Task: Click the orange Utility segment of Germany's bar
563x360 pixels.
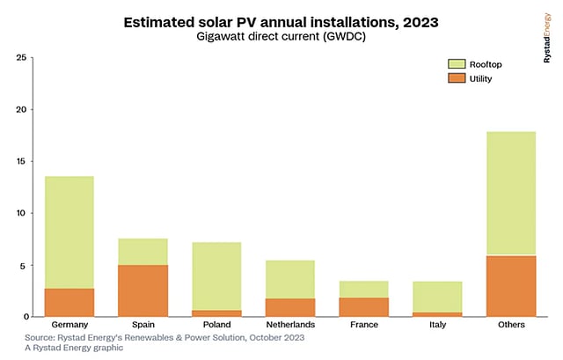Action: point(69,302)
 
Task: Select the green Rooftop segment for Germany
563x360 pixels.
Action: point(69,232)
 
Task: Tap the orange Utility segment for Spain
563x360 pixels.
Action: point(143,290)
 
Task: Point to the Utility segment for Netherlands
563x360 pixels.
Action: point(290,307)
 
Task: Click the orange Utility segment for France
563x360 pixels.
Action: point(363,306)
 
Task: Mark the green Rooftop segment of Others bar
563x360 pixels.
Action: point(511,194)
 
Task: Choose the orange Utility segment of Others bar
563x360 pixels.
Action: point(511,286)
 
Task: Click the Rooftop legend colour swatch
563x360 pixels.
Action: point(455,63)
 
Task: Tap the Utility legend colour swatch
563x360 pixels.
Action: point(455,78)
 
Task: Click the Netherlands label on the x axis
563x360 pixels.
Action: point(290,325)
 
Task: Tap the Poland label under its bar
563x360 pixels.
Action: point(216,325)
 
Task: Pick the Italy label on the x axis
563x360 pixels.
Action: point(437,325)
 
